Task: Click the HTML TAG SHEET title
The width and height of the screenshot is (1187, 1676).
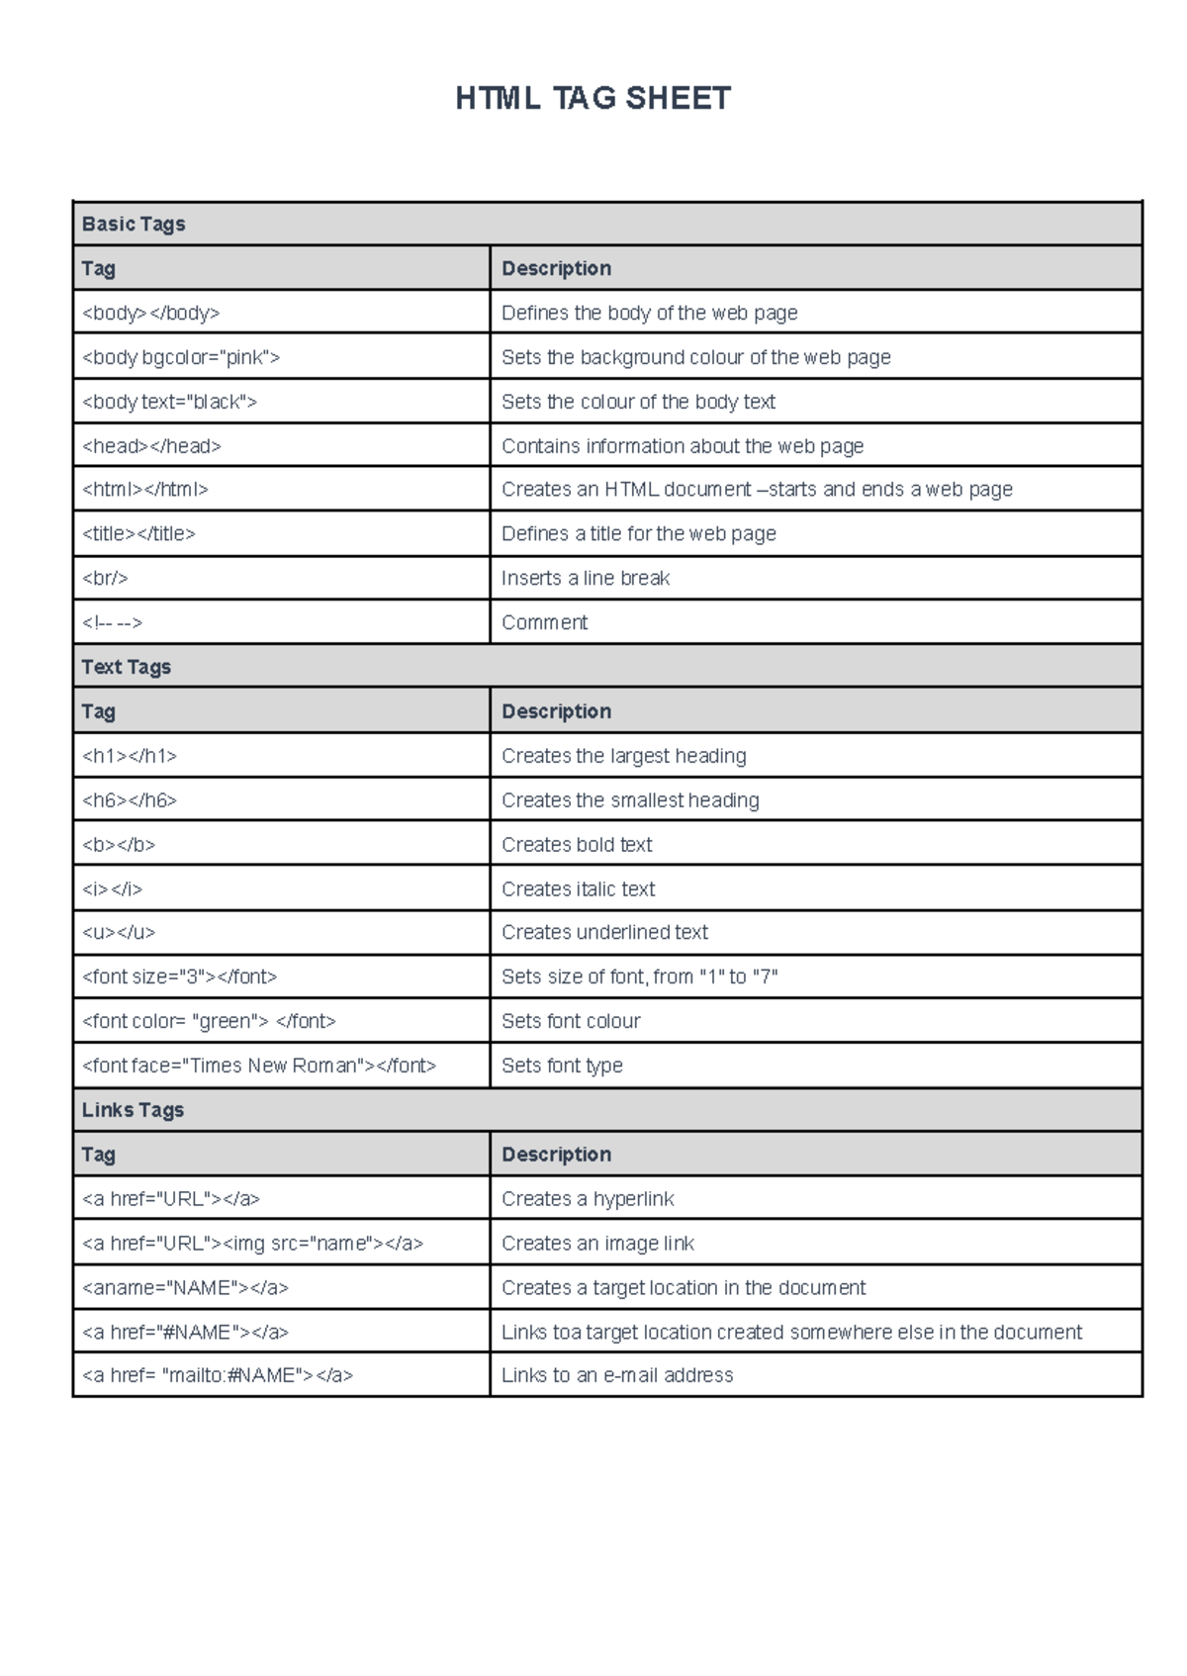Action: click(x=593, y=99)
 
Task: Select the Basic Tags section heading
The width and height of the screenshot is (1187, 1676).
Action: click(x=134, y=225)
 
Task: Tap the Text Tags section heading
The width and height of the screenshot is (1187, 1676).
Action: click(x=127, y=667)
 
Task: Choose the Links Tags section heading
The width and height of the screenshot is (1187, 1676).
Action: click(x=133, y=1110)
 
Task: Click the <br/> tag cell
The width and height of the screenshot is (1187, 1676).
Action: click(x=106, y=578)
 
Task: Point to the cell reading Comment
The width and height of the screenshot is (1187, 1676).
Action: click(x=544, y=622)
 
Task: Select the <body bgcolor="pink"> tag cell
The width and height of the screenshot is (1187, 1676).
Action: click(x=181, y=357)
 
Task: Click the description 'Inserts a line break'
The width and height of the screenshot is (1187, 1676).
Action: click(x=586, y=578)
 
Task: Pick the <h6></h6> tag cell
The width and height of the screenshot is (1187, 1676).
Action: click(x=130, y=800)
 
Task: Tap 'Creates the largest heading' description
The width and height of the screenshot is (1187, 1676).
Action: click(x=624, y=756)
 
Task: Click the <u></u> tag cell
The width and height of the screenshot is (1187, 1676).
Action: click(x=119, y=932)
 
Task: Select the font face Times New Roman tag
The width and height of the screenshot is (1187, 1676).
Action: click(x=259, y=1066)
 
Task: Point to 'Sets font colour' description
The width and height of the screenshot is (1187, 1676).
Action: click(x=571, y=1021)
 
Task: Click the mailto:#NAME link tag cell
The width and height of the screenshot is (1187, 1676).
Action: click(x=218, y=1375)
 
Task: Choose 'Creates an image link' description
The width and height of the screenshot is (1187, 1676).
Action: click(x=597, y=1244)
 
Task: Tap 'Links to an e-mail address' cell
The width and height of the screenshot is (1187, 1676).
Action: click(x=617, y=1375)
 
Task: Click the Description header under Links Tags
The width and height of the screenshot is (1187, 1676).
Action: click(x=556, y=1155)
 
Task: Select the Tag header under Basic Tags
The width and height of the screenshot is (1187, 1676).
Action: click(x=99, y=269)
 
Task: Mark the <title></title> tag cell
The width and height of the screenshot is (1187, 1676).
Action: click(x=138, y=534)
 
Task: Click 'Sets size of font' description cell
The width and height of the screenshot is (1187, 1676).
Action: click(x=639, y=977)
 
